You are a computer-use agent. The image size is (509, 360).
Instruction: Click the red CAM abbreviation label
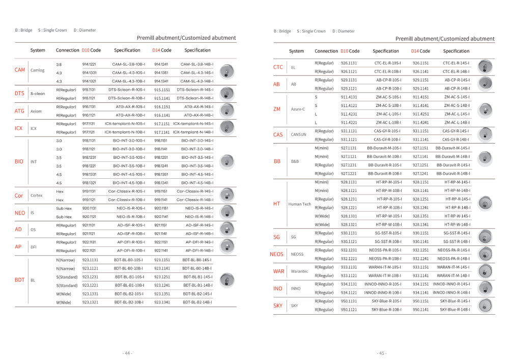pos(20,70)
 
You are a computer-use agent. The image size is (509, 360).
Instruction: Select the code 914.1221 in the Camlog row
pos(89,65)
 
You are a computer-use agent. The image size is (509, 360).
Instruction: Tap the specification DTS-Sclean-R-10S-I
pos(127,90)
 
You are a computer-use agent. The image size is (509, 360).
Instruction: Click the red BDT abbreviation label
pos(20,280)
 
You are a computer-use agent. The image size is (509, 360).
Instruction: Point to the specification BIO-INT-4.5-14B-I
pos(197,183)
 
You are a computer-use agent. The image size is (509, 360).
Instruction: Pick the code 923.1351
pos(162,294)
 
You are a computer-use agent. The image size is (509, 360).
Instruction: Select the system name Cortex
pos(37,196)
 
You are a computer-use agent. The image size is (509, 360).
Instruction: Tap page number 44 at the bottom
pos(127,353)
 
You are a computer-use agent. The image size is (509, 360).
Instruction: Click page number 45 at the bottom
pos(382,353)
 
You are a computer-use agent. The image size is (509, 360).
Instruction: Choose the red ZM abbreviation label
pos(277,109)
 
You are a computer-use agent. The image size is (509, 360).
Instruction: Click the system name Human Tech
pos(299,204)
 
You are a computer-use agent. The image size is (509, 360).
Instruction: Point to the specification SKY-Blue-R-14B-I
pos(453,310)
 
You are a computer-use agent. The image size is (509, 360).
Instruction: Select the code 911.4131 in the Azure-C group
pos(349,97)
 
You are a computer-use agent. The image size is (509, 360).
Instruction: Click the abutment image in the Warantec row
pos(487,271)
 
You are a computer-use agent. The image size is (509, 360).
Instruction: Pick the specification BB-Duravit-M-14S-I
pos(453,148)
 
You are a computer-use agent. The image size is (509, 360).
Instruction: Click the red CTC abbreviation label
pos(278,67)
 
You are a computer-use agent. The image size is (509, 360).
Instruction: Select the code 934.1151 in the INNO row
pos(420,284)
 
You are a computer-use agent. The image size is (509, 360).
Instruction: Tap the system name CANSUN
pos(298,135)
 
